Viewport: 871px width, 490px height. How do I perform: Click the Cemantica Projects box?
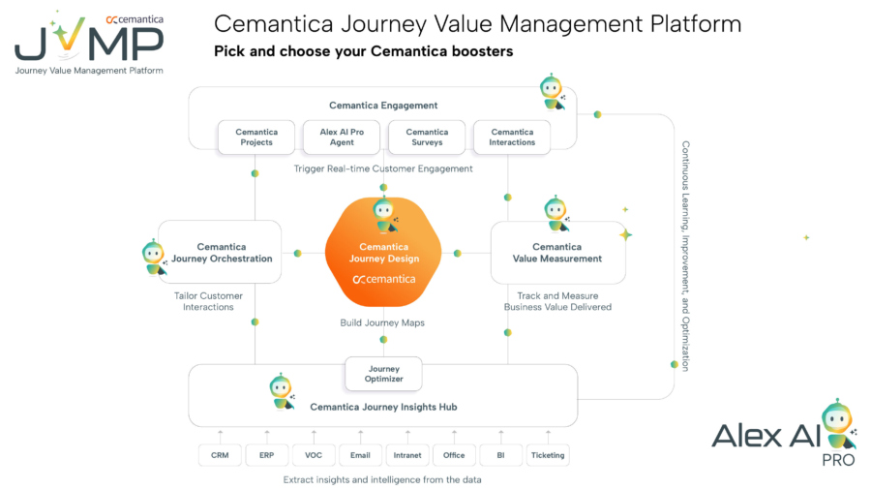coord(256,138)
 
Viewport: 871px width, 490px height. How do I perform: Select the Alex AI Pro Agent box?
coord(342,138)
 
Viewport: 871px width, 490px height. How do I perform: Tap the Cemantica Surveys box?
coord(427,138)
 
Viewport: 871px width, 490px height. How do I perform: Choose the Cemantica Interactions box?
coord(512,138)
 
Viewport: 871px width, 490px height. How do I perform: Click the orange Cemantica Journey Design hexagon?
coord(384,253)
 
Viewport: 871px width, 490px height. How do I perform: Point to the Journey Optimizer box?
coord(384,374)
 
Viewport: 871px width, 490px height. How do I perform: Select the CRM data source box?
coord(220,455)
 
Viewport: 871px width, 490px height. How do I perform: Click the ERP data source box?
coord(266,455)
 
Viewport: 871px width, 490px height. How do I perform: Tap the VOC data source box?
coord(314,455)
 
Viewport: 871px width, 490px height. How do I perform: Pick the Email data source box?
coord(360,455)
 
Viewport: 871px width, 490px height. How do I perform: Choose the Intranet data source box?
coord(407,455)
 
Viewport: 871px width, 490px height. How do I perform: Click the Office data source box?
coord(454,455)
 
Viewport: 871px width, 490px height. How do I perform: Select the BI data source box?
coord(501,455)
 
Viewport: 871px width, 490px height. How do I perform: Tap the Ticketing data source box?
coord(548,455)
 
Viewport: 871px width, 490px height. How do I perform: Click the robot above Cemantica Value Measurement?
coord(556,214)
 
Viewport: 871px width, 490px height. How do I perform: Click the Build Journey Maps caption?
coord(382,322)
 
